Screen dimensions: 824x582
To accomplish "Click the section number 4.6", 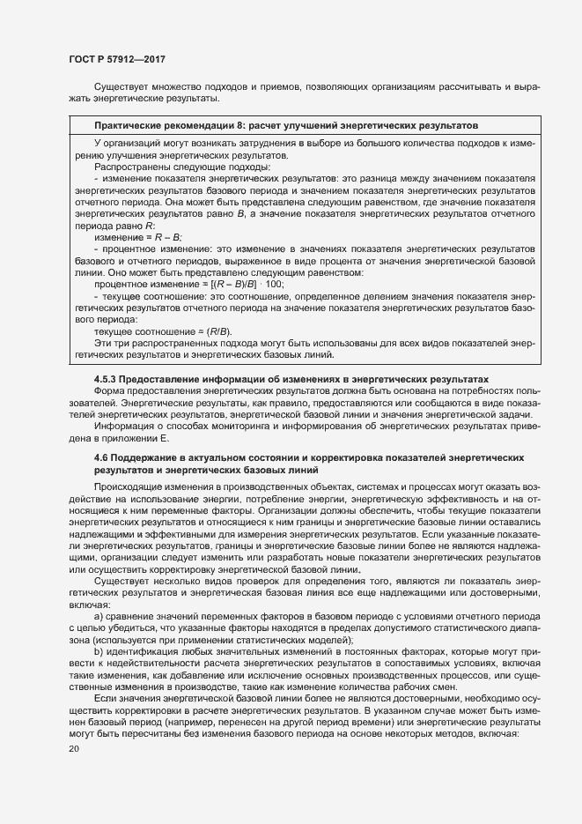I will pos(102,458).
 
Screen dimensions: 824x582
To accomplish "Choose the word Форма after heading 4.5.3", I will pos(110,391).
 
